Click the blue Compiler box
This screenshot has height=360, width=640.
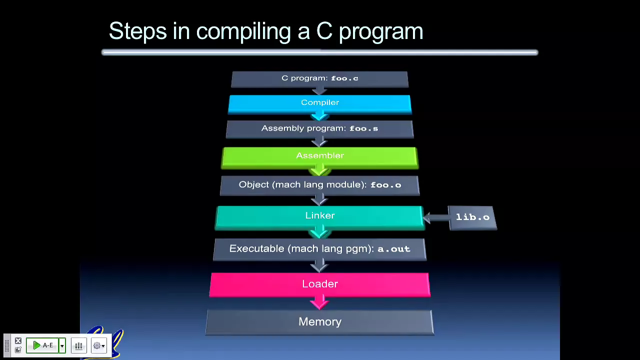[x=319, y=104]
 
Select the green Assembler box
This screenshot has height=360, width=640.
[x=319, y=157]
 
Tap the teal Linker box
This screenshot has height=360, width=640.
[x=319, y=217]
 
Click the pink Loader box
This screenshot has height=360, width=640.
[x=319, y=285]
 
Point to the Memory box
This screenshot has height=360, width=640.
[x=319, y=322]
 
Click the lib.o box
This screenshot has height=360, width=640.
[x=472, y=217]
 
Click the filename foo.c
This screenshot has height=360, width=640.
[x=344, y=78]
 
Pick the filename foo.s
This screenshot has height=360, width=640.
[x=363, y=128]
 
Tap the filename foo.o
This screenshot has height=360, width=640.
[x=385, y=185]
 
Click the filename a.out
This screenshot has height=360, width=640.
[x=394, y=249]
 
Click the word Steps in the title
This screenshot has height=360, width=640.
[x=137, y=31]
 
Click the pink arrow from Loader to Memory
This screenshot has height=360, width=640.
[x=319, y=302]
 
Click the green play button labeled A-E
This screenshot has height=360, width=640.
[x=42, y=345]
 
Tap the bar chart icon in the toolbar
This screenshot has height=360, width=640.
[x=79, y=345]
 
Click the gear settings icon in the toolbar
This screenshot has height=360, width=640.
[x=97, y=345]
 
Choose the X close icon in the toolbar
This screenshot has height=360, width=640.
[x=18, y=340]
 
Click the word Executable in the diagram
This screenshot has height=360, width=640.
[x=256, y=248]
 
